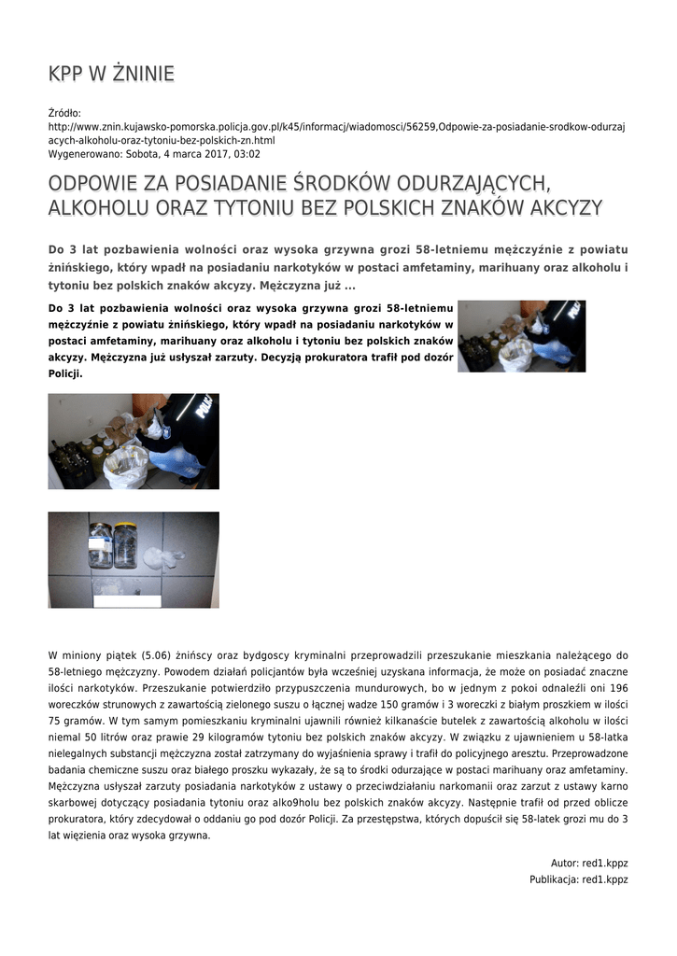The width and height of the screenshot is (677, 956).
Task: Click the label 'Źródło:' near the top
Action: point(65,113)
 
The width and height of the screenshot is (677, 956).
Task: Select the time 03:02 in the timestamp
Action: point(247,154)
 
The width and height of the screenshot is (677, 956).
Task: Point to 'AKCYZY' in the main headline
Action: point(566,207)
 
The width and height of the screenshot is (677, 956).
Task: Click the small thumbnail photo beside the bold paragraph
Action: point(521,336)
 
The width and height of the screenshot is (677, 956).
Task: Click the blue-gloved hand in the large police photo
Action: point(177,460)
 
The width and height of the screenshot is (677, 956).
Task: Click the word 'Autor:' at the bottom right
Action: point(565,863)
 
